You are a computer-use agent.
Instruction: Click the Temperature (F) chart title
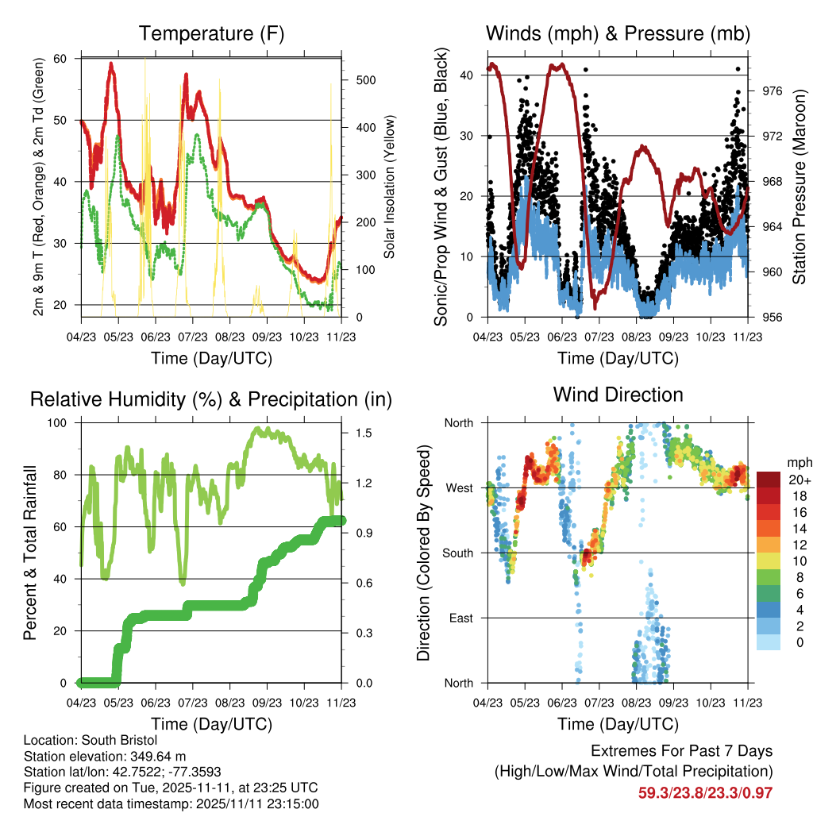click(211, 33)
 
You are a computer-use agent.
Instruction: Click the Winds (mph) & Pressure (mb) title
click(618, 33)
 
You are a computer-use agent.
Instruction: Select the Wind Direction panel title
click(618, 395)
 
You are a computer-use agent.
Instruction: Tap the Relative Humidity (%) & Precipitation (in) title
click(211, 400)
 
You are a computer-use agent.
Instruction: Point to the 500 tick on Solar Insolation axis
click(366, 80)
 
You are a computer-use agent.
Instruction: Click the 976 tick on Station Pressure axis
click(772, 91)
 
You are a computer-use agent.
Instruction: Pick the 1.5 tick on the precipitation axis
click(364, 433)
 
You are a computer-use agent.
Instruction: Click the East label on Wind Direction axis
click(461, 618)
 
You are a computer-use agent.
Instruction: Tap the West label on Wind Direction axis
click(460, 488)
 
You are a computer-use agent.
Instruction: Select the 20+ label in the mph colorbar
click(800, 480)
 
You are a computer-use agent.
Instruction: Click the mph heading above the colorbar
click(800, 463)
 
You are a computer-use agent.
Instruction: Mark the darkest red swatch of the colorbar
click(769, 480)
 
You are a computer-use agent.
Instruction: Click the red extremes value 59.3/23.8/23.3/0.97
click(705, 793)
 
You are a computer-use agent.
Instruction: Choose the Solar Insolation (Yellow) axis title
click(389, 187)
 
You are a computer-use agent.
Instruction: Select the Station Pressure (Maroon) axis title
click(799, 187)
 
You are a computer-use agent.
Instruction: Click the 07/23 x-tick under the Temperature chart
click(193, 337)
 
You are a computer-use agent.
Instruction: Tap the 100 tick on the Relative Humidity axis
click(57, 423)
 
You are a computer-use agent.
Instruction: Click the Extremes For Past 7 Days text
click(682, 751)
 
